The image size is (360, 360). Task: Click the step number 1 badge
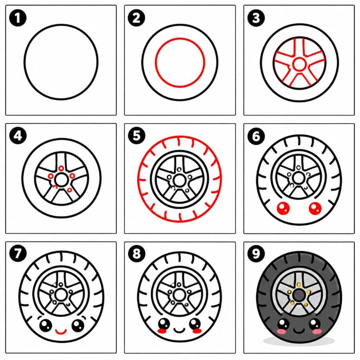[18, 18]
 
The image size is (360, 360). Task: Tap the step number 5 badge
[137, 136]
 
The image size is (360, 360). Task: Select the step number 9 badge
[256, 254]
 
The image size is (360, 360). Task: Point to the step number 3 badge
[256, 18]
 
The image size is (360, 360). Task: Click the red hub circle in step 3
[299, 64]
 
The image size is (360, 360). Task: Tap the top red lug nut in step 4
[61, 168]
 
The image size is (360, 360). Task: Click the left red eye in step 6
[283, 208]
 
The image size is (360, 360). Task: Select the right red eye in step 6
[315, 208]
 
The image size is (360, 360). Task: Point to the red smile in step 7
[61, 332]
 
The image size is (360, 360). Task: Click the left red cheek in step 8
[162, 331]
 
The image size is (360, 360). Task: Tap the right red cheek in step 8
[197, 331]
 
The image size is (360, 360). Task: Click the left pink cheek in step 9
[282, 331]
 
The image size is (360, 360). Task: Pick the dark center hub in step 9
[299, 295]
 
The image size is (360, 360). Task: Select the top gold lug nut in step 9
[299, 285]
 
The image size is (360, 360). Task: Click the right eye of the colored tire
[315, 324]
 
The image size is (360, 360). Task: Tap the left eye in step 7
[46, 325]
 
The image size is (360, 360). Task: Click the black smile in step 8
[179, 330]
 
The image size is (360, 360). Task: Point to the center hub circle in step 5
[179, 181]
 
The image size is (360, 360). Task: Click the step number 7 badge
[18, 254]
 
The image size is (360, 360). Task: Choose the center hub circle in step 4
[61, 180]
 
